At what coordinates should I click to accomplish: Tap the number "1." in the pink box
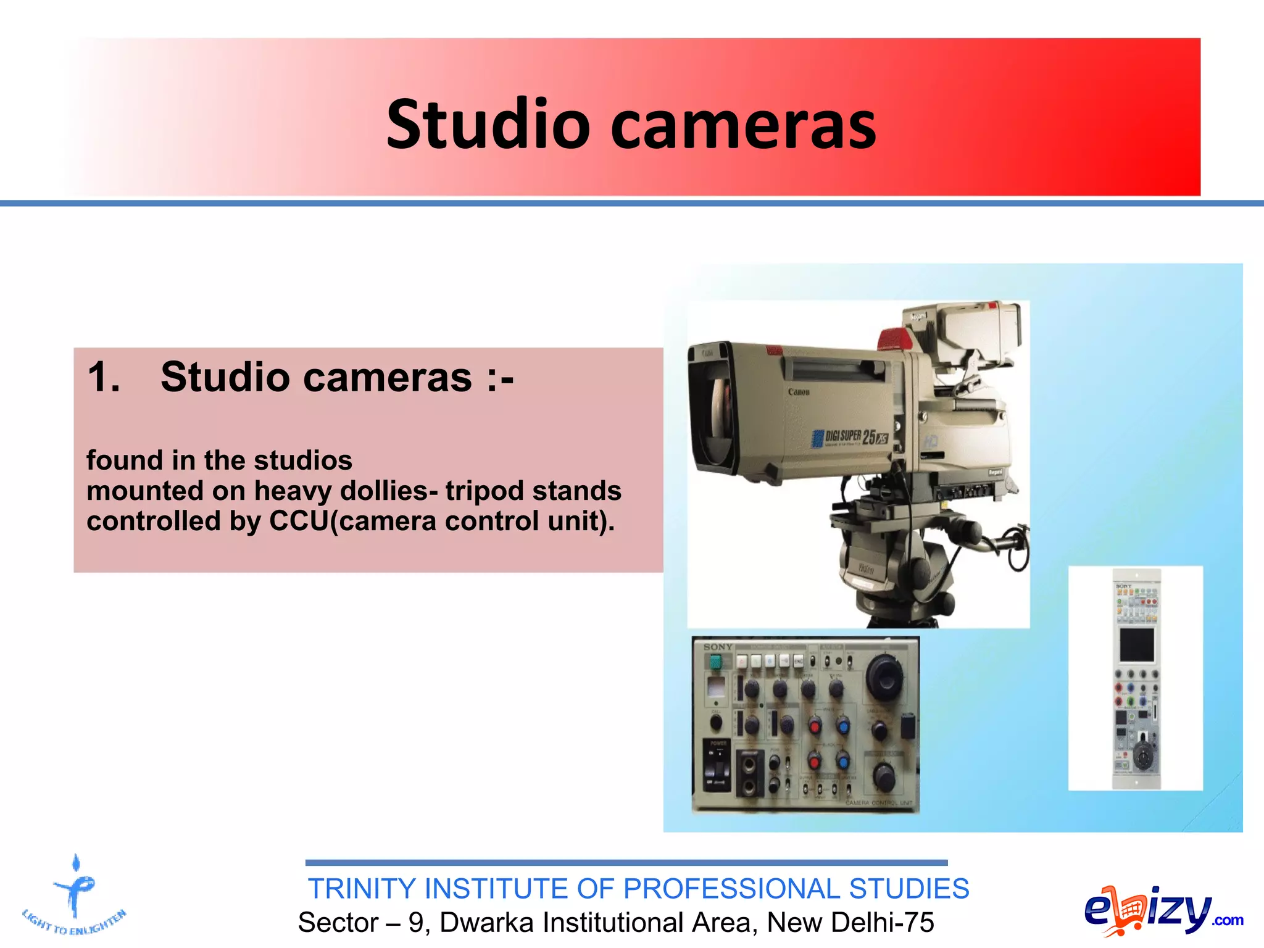[104, 377]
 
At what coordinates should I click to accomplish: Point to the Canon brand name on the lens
[799, 392]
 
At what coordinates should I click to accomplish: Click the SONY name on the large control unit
[718, 647]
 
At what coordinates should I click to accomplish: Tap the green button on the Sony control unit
[715, 662]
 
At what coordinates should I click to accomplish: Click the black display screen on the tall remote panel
[1137, 644]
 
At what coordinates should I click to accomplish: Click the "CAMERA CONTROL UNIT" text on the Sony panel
[878, 803]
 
